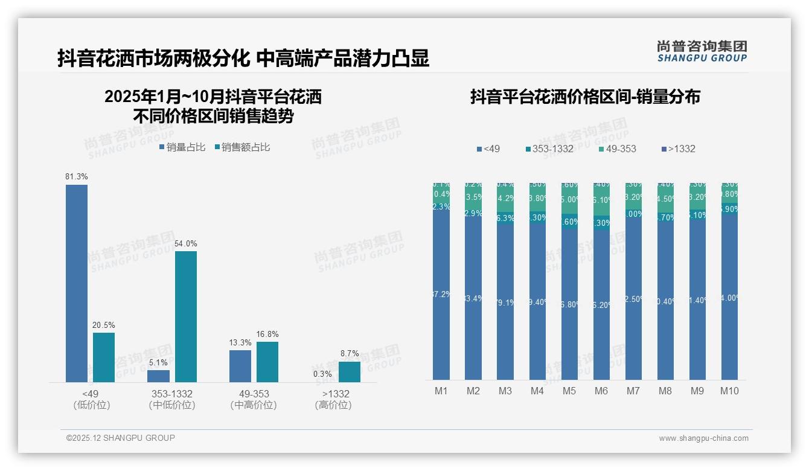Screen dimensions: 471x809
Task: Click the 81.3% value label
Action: [77, 177]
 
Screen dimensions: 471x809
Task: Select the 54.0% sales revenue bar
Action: [186, 316]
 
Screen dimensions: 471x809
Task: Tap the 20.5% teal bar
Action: [104, 357]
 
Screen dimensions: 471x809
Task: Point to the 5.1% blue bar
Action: [158, 376]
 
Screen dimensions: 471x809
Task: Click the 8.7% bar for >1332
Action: [349, 371]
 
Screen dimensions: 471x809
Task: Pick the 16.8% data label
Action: [267, 335]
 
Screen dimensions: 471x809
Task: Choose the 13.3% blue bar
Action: [240, 366]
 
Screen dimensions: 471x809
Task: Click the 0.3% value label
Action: [322, 374]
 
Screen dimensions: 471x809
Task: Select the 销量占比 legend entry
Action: [182, 147]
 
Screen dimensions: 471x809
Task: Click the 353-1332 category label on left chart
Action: [172, 394]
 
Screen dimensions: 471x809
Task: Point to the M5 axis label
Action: [569, 391]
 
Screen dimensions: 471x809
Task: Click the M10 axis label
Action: [729, 391]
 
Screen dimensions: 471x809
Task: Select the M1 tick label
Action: [441, 391]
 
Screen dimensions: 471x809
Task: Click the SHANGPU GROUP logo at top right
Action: [702, 51]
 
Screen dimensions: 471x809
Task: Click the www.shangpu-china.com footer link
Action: [703, 438]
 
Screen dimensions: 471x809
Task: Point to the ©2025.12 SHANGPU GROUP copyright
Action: [121, 438]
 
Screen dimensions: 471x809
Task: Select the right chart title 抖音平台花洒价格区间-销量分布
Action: [585, 97]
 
